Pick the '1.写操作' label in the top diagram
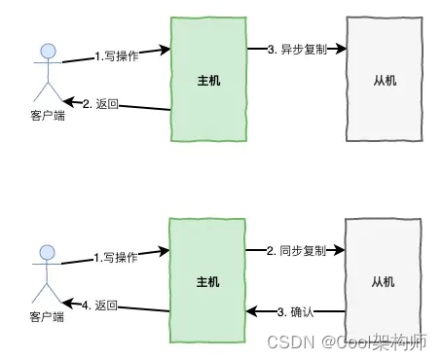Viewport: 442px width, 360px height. coord(116,56)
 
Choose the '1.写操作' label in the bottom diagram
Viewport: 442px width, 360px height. coord(115,258)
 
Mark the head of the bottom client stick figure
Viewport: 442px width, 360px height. coord(42,255)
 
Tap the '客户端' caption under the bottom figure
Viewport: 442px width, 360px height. coord(42,316)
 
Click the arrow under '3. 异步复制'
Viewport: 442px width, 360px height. coord(293,59)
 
